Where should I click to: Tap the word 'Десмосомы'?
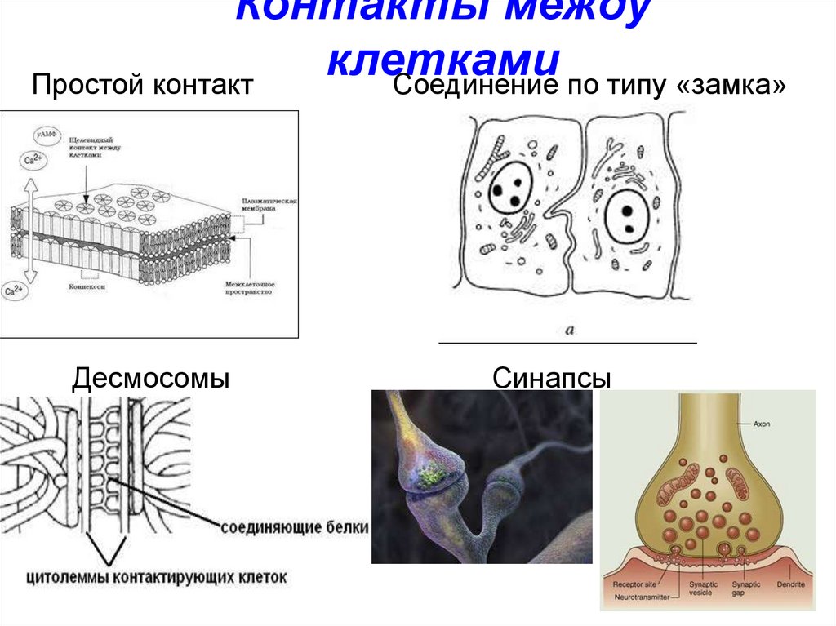coord(150,378)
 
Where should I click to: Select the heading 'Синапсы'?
coord(552,378)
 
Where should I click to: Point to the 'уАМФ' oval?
coord(47,135)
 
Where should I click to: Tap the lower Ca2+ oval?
coord(16,291)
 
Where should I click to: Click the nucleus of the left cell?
coord(512,189)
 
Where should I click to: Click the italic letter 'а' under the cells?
coord(569,331)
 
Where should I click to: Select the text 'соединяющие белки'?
coord(295,526)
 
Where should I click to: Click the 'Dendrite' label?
coord(789,585)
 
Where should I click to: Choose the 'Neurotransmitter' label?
coord(640,597)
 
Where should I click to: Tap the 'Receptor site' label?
coord(634,585)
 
